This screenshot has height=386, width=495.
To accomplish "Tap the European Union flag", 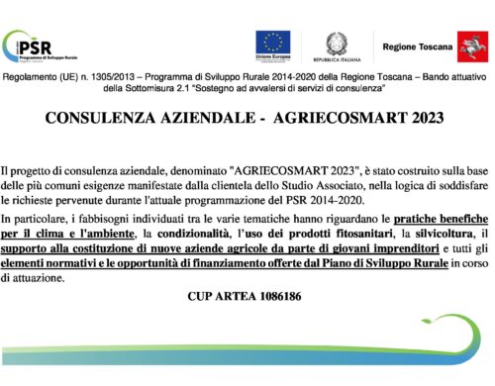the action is pos(272,44).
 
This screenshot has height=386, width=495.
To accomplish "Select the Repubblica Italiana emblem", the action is pos(338,44).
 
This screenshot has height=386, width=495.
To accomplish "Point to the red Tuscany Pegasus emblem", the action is pos(468,45).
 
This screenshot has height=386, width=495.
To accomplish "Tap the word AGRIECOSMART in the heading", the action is pos(336,118).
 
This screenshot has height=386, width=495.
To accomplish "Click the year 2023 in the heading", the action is pos(427,118).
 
